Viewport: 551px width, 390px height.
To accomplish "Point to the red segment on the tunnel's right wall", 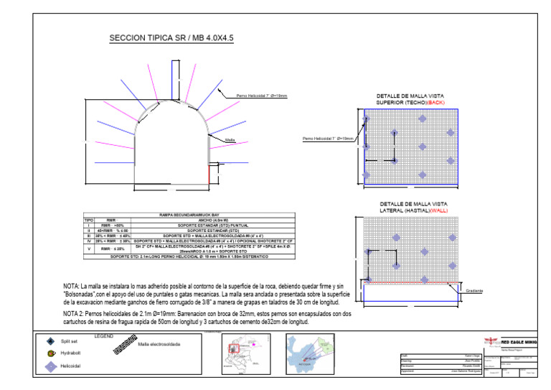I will (x=209, y=173).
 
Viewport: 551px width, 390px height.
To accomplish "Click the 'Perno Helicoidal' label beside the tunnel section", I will (x=262, y=96).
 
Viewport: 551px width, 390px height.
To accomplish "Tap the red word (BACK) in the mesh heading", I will (x=436, y=103).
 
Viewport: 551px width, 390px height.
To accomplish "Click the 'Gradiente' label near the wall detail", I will (x=474, y=291).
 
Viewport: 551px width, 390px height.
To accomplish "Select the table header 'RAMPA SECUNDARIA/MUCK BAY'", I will (x=189, y=215).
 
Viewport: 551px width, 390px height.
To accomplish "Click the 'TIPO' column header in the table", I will (x=90, y=220).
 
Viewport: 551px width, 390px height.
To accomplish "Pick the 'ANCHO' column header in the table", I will (x=212, y=220).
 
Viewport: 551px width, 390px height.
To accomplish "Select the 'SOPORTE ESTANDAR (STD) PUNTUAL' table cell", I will (x=212, y=225).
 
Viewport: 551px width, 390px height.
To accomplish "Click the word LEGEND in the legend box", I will (x=104, y=336).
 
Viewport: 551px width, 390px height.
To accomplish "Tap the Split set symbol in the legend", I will (x=50, y=342).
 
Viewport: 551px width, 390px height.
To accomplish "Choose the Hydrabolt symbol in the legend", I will (x=50, y=353).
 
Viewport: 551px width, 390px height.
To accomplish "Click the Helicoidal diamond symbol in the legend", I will (x=50, y=366).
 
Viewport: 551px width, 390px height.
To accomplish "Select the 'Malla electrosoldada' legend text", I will (x=159, y=344).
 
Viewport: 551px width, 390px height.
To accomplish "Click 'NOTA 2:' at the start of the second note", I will (x=74, y=314).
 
